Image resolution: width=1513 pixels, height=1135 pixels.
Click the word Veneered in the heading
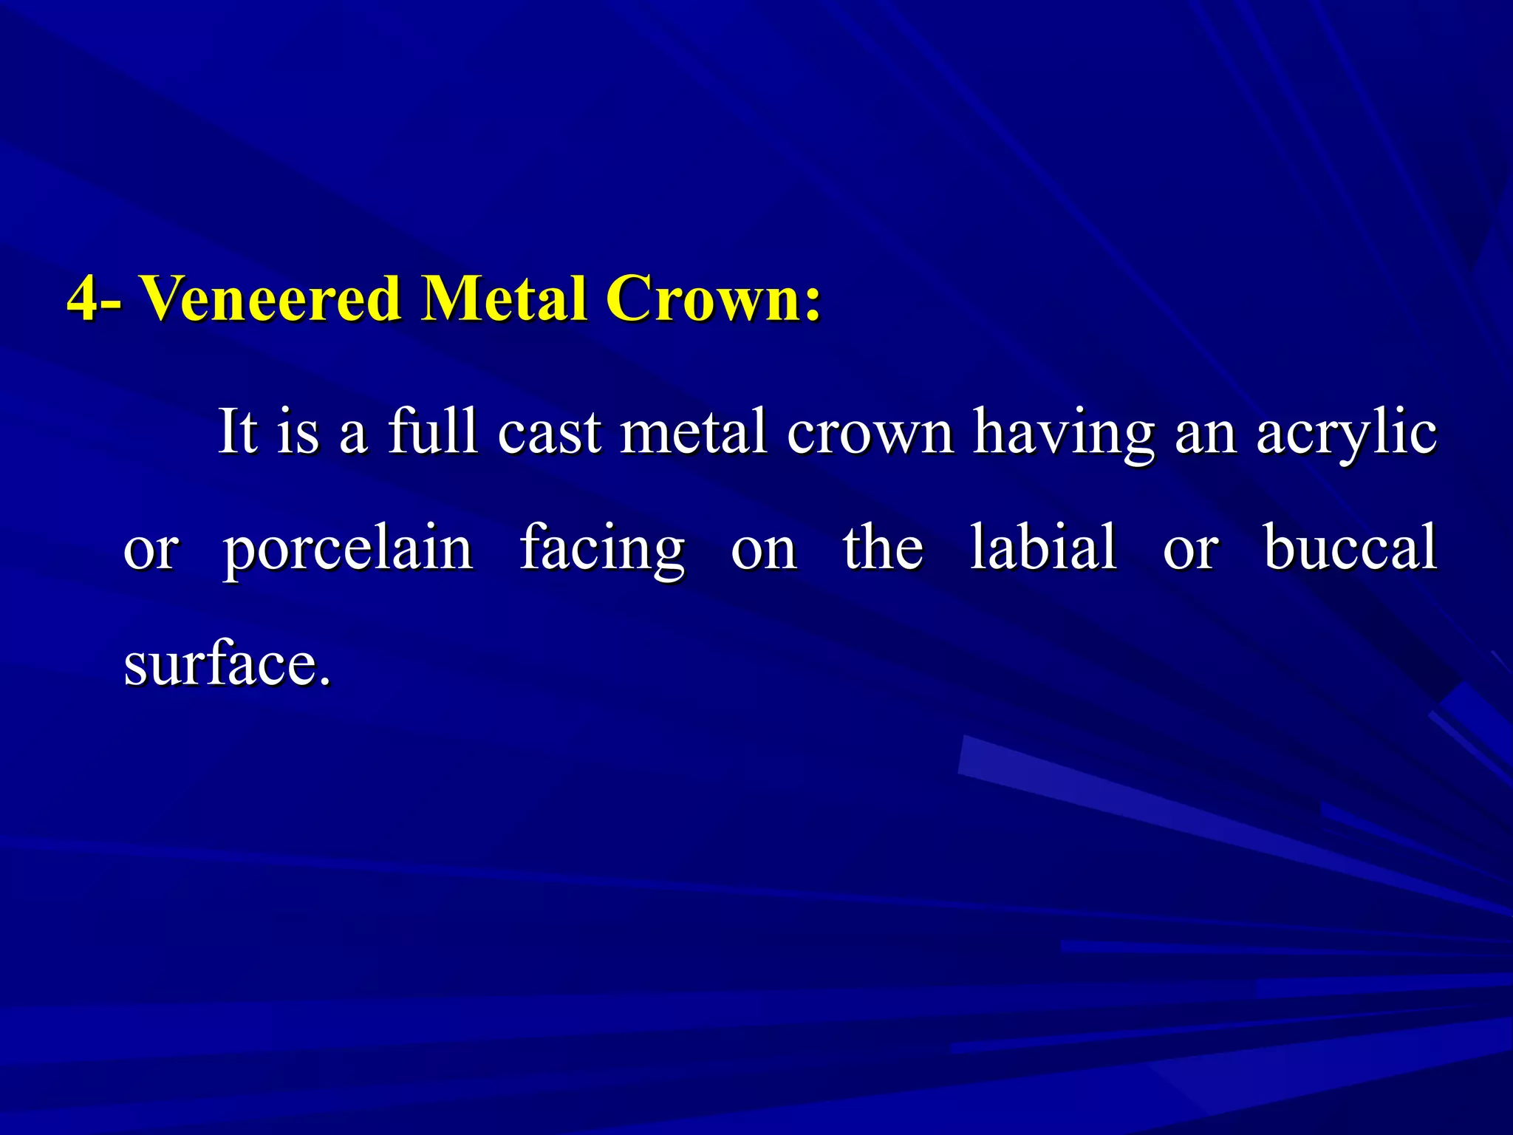click(x=270, y=299)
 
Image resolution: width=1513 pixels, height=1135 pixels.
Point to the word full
click(x=433, y=432)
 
